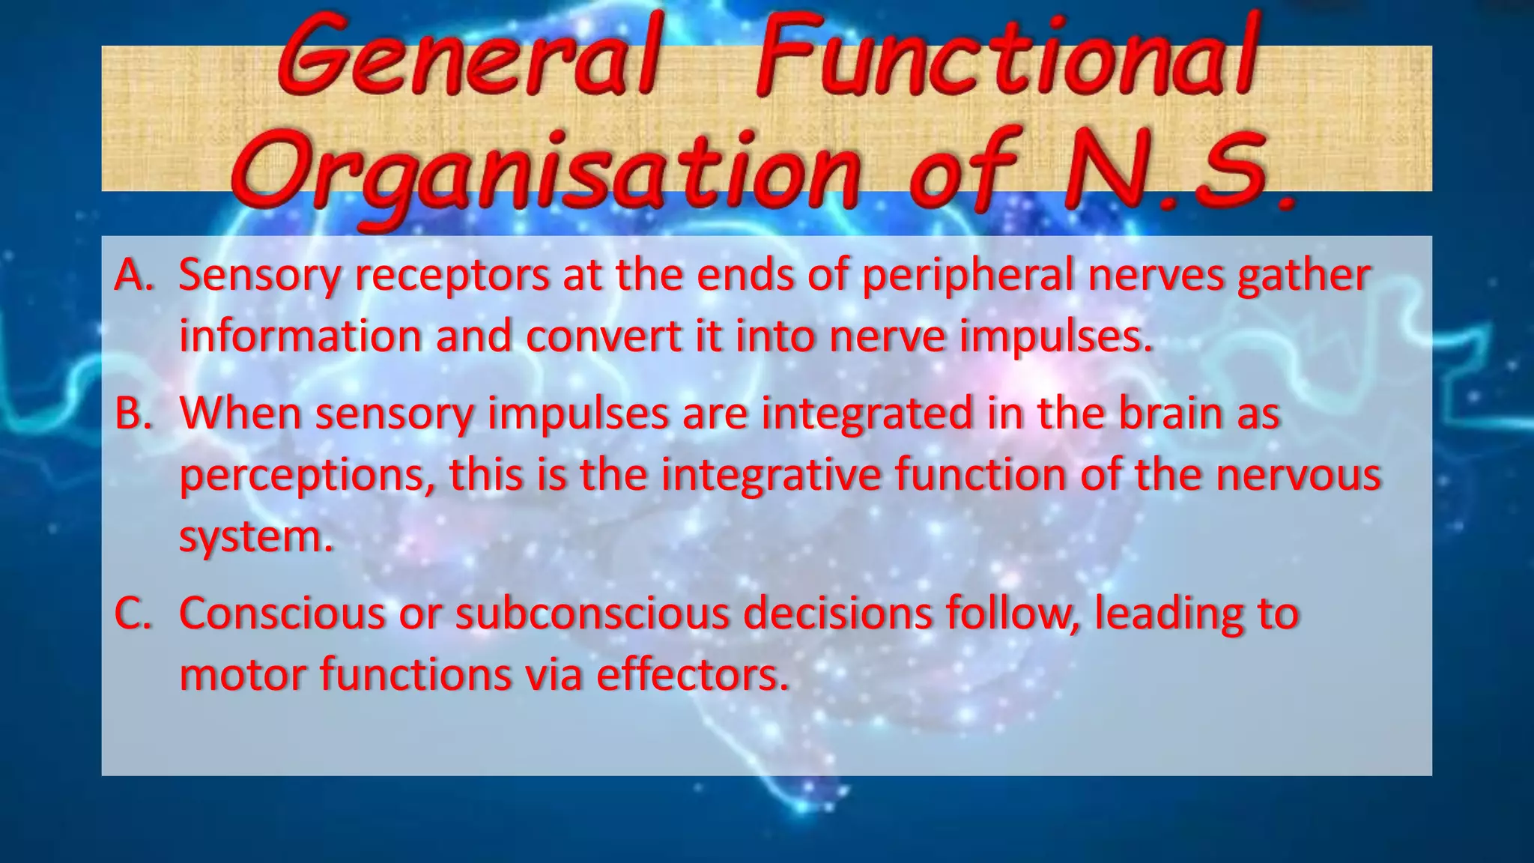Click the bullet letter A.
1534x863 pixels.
click(x=134, y=275)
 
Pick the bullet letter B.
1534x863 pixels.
click(x=133, y=413)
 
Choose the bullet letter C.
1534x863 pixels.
click(x=133, y=613)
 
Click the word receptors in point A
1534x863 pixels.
click(x=452, y=275)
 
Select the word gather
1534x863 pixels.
click(x=1303, y=275)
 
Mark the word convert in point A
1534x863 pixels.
click(x=603, y=336)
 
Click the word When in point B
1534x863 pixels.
click(x=240, y=413)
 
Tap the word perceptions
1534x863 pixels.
click(x=308, y=475)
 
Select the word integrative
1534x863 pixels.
click(x=770, y=475)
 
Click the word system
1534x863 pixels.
click(x=255, y=536)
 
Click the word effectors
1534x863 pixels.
click(x=693, y=674)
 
